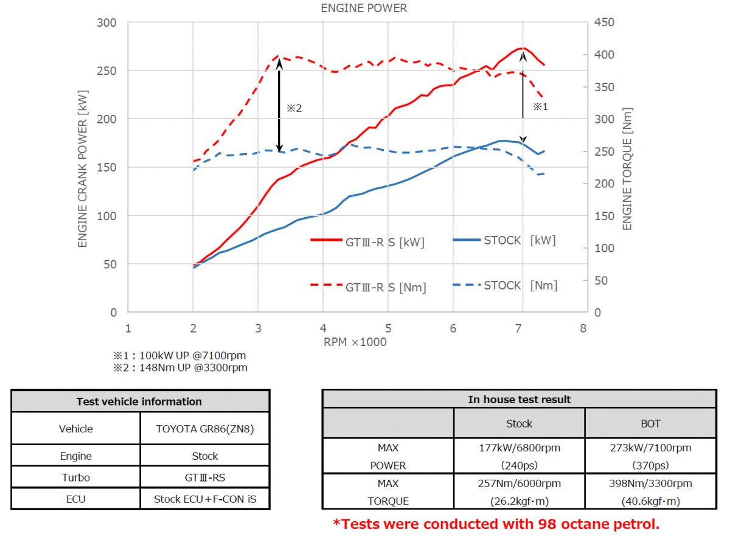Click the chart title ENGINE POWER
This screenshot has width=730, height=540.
coord(364,9)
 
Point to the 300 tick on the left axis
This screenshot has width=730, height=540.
coord(108,23)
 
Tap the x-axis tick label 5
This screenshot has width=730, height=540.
coord(388,329)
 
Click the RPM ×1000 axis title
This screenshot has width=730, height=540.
coord(355,342)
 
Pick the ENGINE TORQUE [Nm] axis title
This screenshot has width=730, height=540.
coord(628,169)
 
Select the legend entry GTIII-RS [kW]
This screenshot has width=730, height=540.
coord(367,242)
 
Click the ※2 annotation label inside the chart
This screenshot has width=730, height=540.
coord(294,108)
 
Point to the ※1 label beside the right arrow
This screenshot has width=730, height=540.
coord(540,106)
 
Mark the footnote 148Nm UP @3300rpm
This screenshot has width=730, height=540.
coord(180,368)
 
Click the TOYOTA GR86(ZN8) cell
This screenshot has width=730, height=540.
coord(204,429)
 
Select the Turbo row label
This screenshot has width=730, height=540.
coord(75,477)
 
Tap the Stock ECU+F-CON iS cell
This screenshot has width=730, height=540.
coord(204,499)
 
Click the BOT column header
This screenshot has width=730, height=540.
coord(650,424)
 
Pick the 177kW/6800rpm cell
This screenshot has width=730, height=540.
coord(519,448)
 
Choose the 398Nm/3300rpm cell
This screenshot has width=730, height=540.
coord(650,484)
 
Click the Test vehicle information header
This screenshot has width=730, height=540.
coord(139,402)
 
